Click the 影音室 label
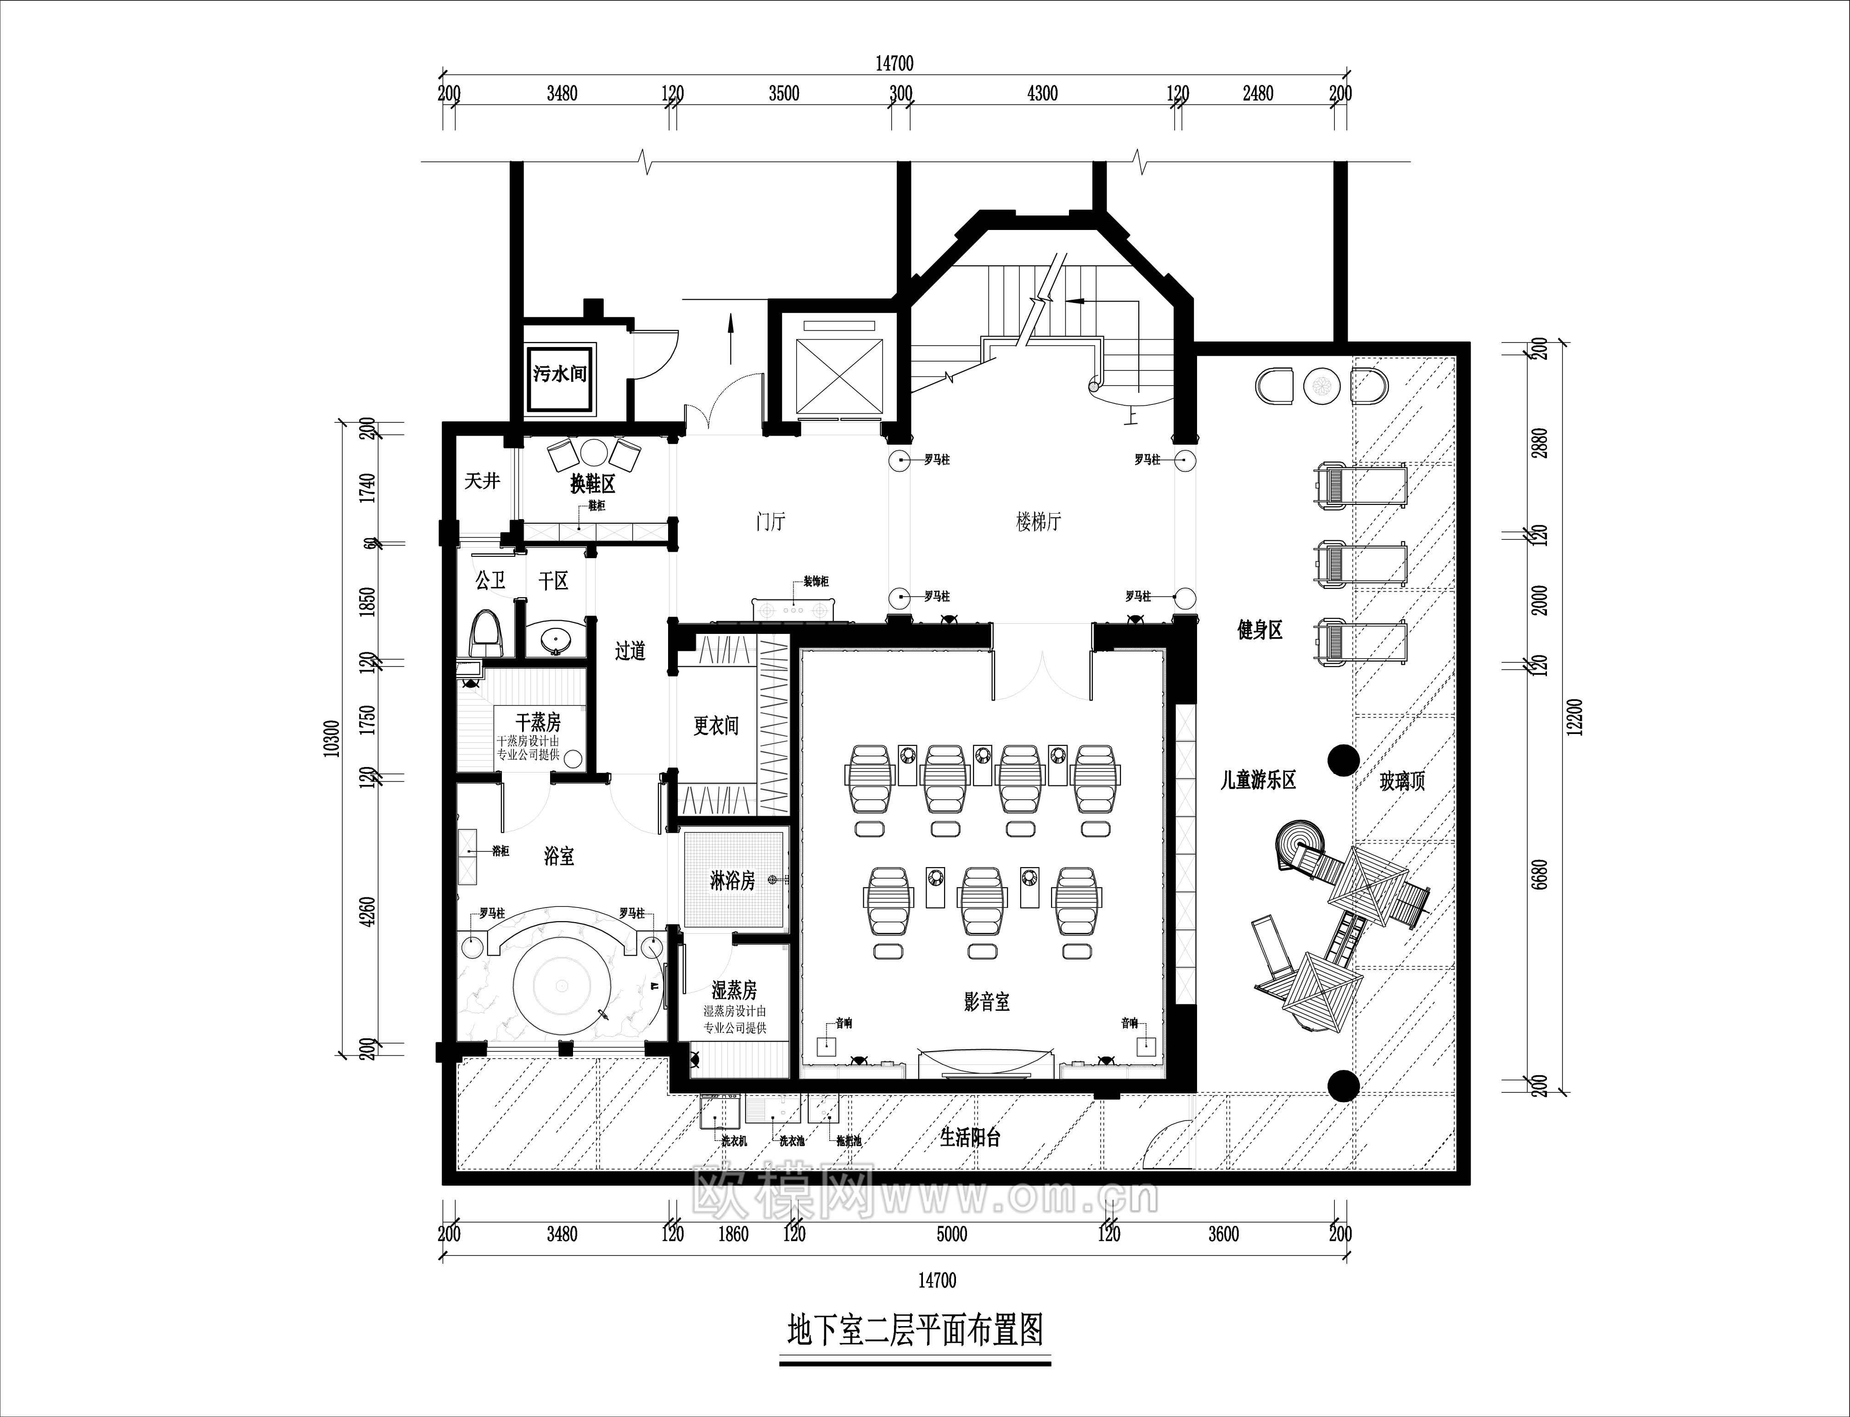click(986, 1002)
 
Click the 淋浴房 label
click(731, 881)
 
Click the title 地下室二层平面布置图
click(915, 1330)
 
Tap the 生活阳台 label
click(970, 1138)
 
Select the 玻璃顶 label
click(1402, 781)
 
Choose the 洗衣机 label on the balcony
click(733, 1141)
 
